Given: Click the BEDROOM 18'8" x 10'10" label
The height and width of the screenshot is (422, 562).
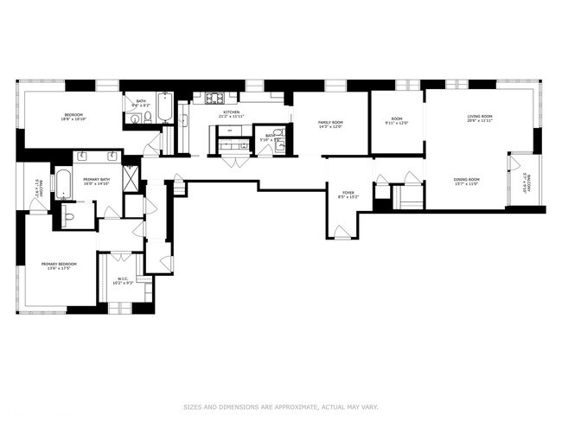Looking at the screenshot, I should (x=73, y=118).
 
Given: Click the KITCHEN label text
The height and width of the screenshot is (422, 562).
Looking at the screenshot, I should (x=232, y=113).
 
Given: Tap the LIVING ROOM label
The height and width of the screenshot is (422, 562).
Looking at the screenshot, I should (x=480, y=118).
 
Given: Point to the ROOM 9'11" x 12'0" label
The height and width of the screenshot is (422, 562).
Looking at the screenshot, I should (x=396, y=121).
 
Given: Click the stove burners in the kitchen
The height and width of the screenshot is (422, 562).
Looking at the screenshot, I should (x=214, y=98).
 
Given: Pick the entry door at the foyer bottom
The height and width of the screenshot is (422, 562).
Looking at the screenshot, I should (x=342, y=232).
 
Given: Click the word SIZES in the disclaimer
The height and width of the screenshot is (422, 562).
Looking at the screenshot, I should (x=193, y=406).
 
